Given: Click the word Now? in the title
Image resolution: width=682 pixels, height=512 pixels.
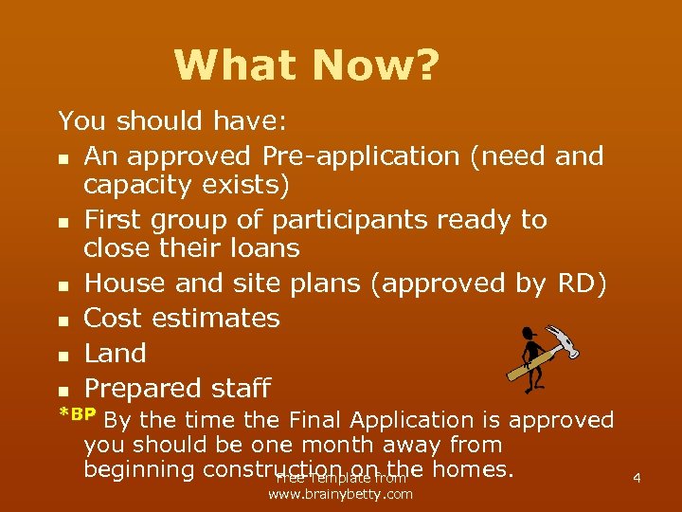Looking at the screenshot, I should click(x=375, y=65).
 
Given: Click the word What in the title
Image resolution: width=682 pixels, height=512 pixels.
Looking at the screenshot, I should click(x=236, y=65).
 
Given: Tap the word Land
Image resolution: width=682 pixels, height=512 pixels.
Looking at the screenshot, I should click(x=115, y=353).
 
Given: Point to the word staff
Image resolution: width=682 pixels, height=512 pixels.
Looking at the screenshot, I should click(x=242, y=388).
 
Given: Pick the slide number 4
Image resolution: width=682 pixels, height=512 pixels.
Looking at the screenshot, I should click(x=637, y=478).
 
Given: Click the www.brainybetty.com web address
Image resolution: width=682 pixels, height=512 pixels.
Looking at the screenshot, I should click(x=340, y=494).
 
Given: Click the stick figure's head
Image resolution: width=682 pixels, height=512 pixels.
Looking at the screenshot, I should click(x=528, y=334).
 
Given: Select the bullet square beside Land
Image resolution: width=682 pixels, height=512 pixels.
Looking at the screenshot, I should click(x=63, y=355).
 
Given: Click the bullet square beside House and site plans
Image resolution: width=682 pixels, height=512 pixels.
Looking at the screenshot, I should click(x=63, y=285).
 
